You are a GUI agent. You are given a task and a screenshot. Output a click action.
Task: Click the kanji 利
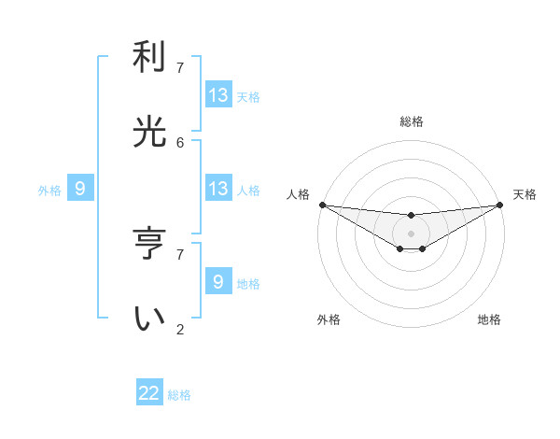(149, 59)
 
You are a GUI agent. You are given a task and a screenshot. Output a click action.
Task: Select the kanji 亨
(149, 244)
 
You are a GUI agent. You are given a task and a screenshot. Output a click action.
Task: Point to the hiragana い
(149, 319)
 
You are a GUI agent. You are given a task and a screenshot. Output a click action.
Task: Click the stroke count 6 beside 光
(180, 142)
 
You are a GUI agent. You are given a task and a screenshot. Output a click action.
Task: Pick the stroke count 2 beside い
(180, 329)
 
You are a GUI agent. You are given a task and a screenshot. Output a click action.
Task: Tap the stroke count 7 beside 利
(180, 68)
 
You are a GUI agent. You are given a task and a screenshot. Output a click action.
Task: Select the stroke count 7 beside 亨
(180, 254)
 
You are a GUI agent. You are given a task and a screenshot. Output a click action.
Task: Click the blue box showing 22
(149, 393)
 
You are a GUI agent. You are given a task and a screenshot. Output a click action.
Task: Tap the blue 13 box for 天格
(218, 95)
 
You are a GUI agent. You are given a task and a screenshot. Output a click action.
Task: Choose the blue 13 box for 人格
(218, 189)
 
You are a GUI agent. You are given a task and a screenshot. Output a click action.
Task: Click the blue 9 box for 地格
(218, 282)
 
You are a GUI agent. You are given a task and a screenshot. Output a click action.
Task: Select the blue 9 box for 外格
(80, 189)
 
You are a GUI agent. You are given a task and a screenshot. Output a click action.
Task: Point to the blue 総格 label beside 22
(179, 395)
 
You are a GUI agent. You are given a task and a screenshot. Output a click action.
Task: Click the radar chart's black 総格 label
(411, 121)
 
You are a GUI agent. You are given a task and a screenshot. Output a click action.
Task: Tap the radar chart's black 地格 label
(489, 319)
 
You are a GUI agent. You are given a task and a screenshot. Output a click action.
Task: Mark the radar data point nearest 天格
(500, 205)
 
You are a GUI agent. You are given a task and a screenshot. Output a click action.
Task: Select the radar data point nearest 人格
(322, 205)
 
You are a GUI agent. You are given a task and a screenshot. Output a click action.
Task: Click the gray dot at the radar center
(411, 233)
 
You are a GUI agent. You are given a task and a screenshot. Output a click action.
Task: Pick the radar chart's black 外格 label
(329, 319)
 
